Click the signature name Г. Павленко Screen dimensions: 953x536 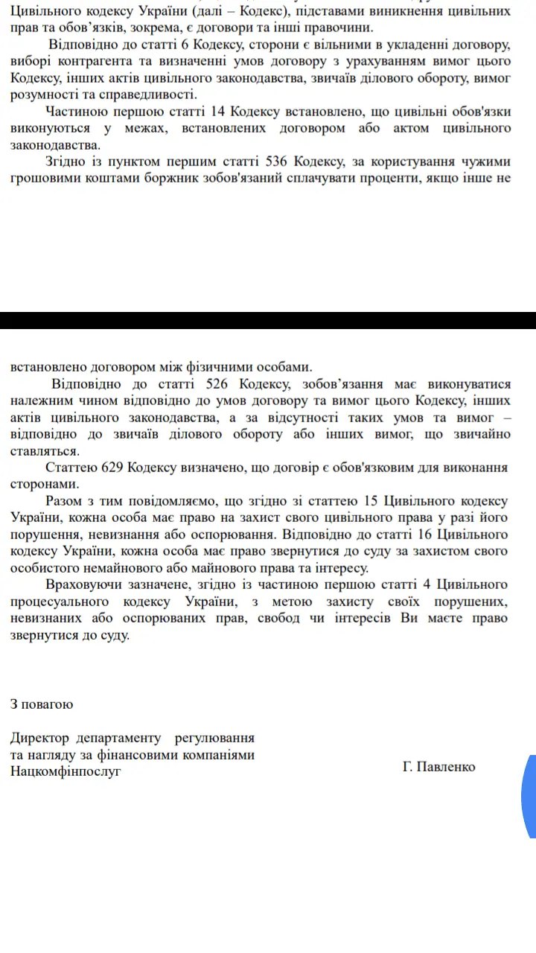click(438, 766)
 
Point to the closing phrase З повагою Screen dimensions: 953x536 click(42, 703)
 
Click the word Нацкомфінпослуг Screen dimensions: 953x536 click(66, 771)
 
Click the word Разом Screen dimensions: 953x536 click(64, 501)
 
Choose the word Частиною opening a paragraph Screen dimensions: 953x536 click(77, 112)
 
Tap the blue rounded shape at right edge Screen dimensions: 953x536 click(529, 797)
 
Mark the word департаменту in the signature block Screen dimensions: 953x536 click(118, 738)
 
